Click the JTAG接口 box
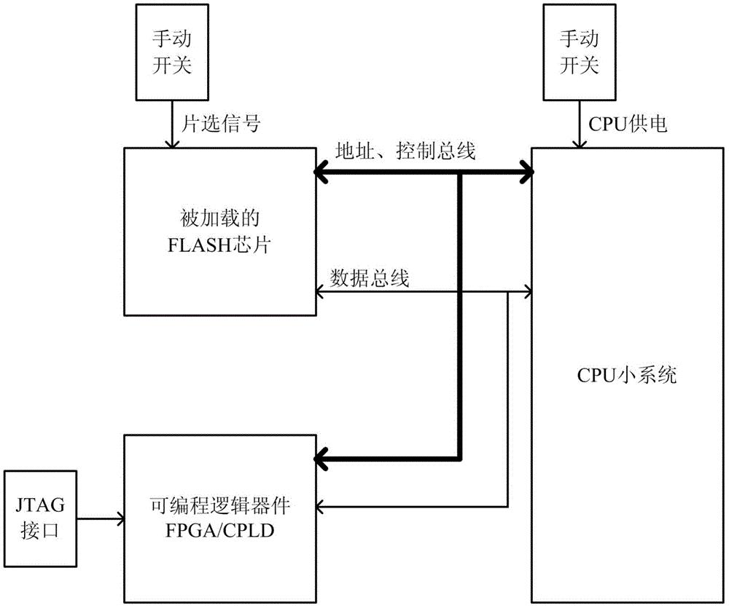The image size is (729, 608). coord(40,518)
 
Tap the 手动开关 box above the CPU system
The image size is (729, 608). coord(577,51)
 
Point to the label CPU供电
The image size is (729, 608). coord(624,125)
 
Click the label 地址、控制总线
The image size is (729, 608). coord(404,151)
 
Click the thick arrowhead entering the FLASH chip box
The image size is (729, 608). coord(321,173)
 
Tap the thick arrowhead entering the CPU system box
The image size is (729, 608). coord(526,173)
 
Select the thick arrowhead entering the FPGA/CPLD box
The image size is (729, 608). coord(321,458)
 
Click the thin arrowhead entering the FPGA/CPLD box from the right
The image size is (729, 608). coord(321,507)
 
